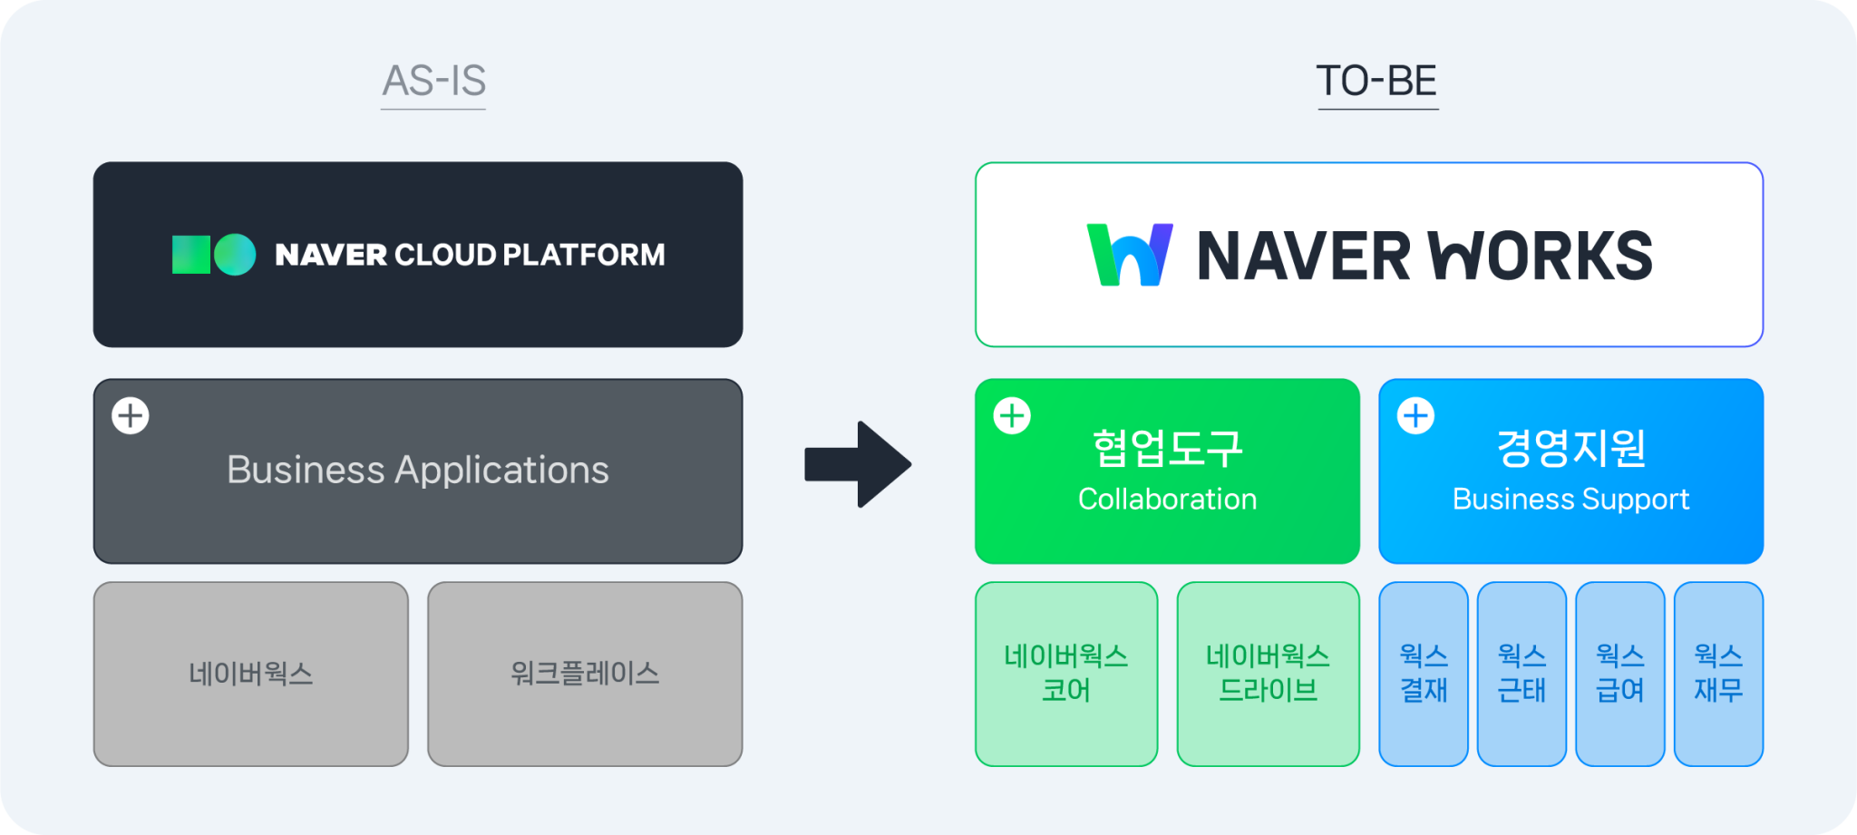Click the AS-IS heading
pyautogui.click(x=433, y=82)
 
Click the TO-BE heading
pyautogui.click(x=1376, y=82)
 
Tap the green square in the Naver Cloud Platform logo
pyautogui.click(x=190, y=255)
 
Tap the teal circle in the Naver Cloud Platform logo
pyautogui.click(x=235, y=255)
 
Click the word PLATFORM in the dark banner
pyautogui.click(x=584, y=255)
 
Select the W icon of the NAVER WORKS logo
pyautogui.click(x=1130, y=255)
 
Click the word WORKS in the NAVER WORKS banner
pyautogui.click(x=1541, y=256)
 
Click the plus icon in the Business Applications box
pyautogui.click(x=131, y=416)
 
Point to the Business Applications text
pyautogui.click(x=417, y=470)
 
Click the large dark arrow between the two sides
pyautogui.click(x=858, y=464)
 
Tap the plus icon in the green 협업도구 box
pyautogui.click(x=1012, y=416)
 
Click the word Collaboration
pyautogui.click(x=1167, y=500)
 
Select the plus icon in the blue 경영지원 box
pyautogui.click(x=1415, y=416)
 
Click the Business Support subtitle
pyautogui.click(x=1570, y=500)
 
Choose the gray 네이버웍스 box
pyautogui.click(x=251, y=674)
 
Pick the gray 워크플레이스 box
pyautogui.click(x=585, y=674)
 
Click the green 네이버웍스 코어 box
pyautogui.click(x=1066, y=674)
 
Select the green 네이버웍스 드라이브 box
pyautogui.click(x=1268, y=674)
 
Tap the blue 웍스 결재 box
pyautogui.click(x=1424, y=674)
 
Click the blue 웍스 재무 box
pyautogui.click(x=1718, y=674)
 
